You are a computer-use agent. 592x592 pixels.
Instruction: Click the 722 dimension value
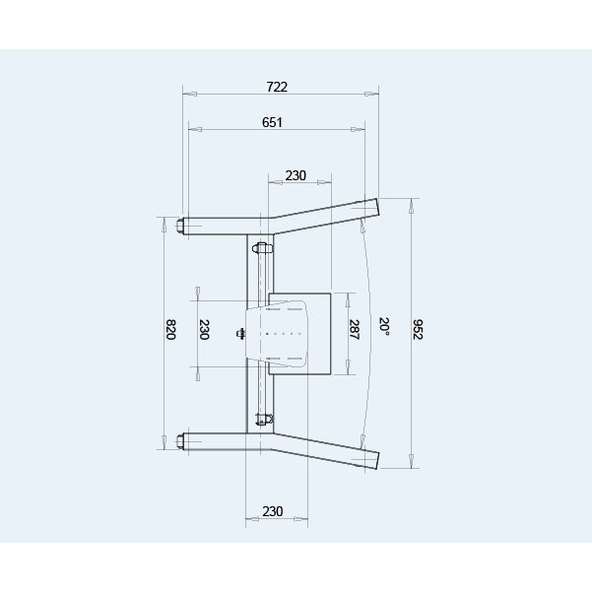277,87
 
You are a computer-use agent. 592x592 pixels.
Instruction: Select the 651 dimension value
272,122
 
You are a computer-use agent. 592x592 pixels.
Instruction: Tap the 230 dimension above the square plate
296,175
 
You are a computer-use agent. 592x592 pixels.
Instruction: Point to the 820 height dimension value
171,330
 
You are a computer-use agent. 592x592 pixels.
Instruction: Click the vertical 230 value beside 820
204,330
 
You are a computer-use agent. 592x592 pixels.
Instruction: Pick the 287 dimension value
354,330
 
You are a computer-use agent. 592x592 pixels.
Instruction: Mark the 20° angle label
384,327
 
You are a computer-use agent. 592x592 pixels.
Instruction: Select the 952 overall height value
418,330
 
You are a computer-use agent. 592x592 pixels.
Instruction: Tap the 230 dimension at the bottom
273,511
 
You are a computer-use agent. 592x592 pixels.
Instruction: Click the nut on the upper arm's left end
179,226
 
